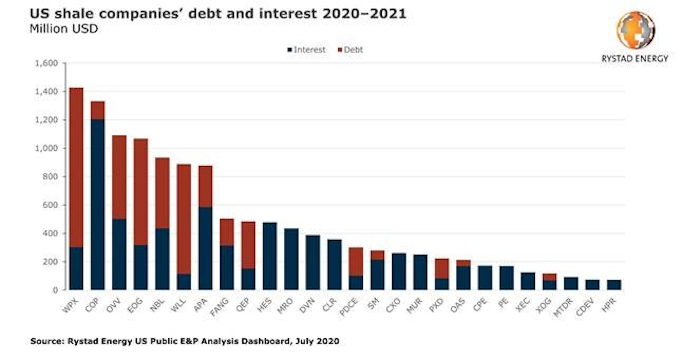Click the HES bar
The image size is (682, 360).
(270, 256)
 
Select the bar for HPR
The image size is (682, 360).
(614, 285)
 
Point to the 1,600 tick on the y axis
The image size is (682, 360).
(46, 63)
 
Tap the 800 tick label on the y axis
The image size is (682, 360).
(49, 177)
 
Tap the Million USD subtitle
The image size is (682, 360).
(63, 29)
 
